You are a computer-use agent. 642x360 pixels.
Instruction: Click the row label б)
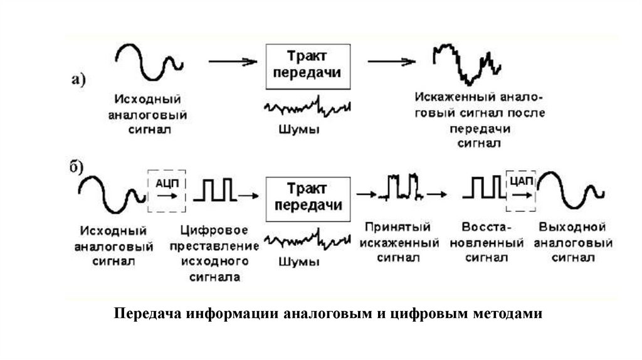point(77,166)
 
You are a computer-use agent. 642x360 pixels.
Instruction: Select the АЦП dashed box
point(166,190)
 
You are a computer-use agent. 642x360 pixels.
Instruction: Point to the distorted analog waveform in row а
point(467,64)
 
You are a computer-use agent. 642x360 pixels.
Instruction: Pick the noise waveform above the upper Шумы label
point(307,107)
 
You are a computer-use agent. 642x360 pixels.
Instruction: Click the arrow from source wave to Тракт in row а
point(233,61)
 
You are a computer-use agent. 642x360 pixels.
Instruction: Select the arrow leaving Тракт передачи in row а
point(391,61)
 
